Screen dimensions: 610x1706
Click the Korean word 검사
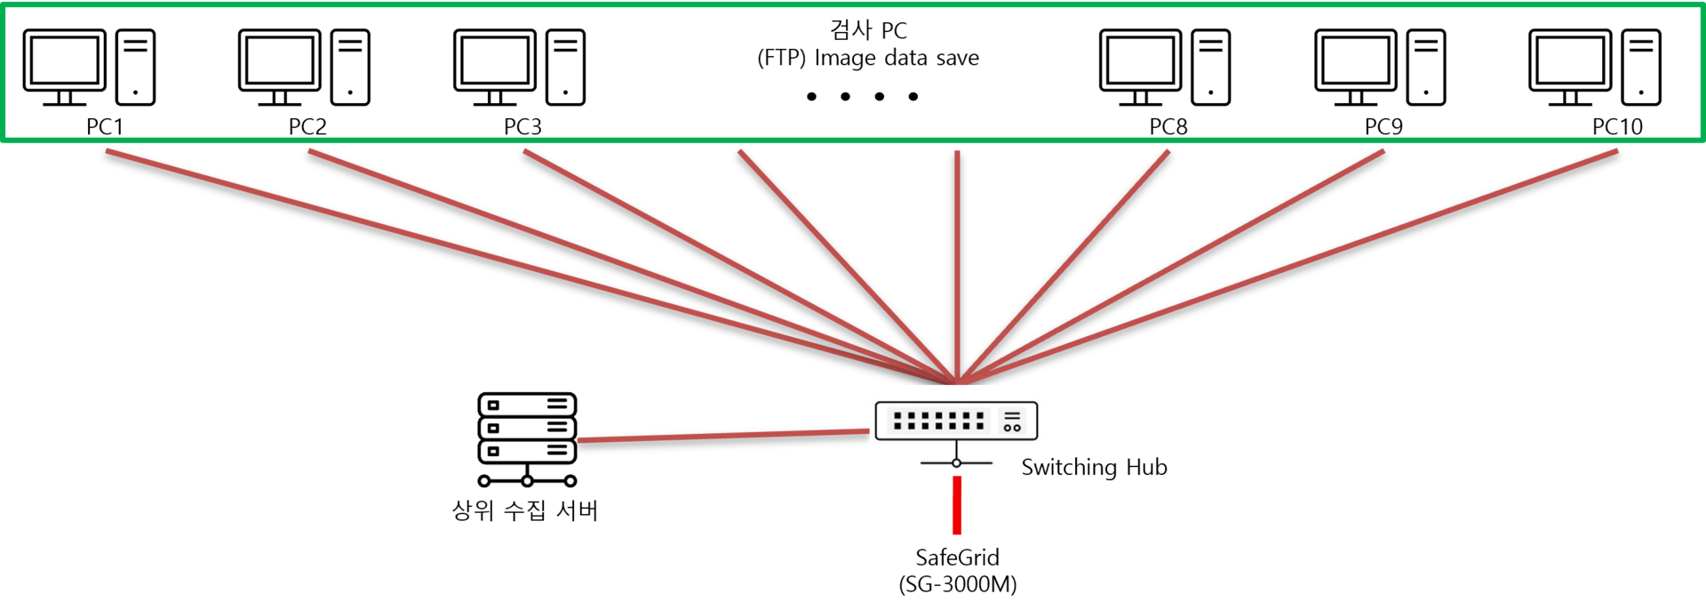tap(850, 30)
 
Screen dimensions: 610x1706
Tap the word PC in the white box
tap(894, 31)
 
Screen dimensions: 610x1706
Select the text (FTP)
tap(781, 59)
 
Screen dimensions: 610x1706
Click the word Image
tap(845, 59)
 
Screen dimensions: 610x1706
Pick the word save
tap(957, 59)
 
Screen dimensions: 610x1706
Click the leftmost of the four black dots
tap(811, 96)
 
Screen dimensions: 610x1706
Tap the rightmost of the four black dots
tap(913, 96)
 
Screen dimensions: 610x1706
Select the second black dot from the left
tap(845, 96)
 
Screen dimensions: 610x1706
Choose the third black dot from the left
tap(880, 96)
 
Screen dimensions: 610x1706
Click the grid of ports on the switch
tap(938, 421)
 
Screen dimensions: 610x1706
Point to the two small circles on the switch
tap(1012, 428)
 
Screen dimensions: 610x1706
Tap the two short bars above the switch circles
tap(1012, 416)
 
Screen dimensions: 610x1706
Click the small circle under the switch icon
tap(956, 463)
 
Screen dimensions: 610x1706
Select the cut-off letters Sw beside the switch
tap(1033, 468)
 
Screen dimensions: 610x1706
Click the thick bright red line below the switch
tap(957, 507)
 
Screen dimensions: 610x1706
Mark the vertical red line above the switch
tap(957, 267)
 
